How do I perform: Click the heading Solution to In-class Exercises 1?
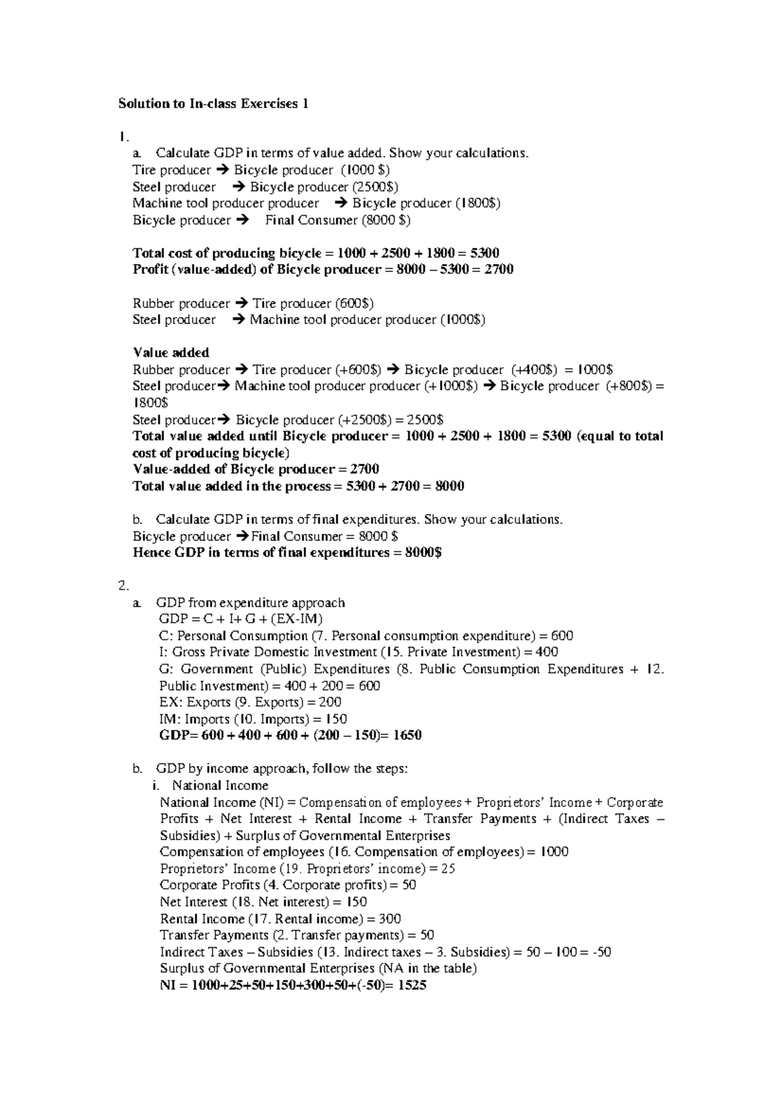point(212,104)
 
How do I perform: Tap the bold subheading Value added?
point(171,353)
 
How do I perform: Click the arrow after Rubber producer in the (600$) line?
point(241,304)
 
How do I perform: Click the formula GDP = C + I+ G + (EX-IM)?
point(240,619)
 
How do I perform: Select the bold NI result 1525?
point(411,985)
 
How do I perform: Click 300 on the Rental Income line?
point(390,919)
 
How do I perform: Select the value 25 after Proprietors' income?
point(448,869)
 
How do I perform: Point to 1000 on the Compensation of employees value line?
point(555,852)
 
